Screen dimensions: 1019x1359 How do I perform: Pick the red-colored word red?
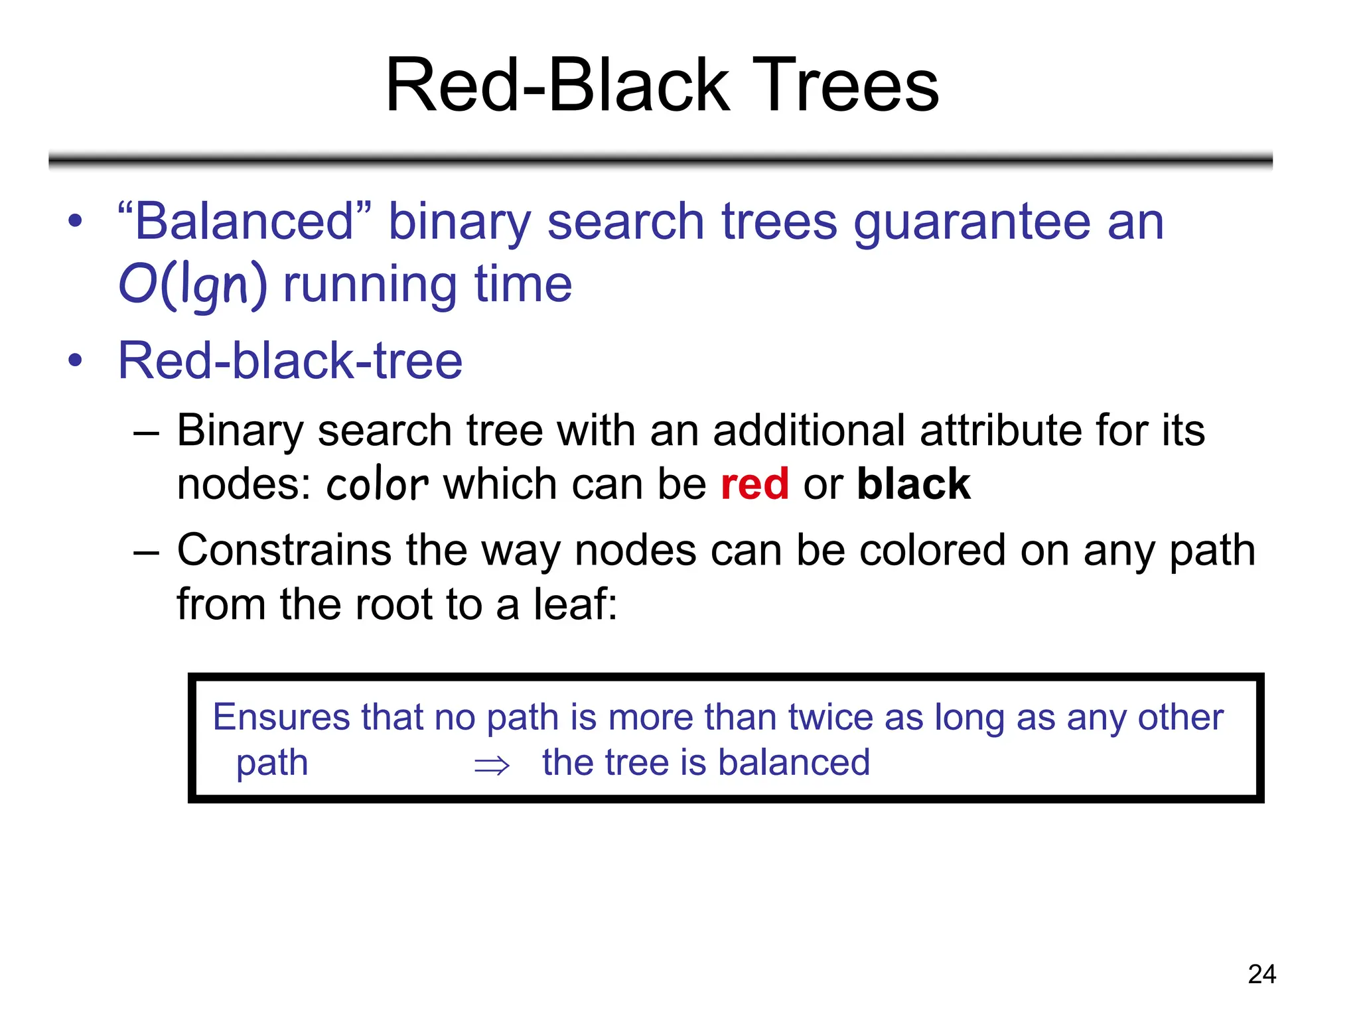[x=754, y=484]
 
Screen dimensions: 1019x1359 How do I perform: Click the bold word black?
[x=914, y=484]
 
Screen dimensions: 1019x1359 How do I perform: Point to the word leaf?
[x=575, y=604]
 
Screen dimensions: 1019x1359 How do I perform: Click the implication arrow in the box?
[x=492, y=766]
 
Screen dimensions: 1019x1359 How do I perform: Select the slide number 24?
[x=1261, y=974]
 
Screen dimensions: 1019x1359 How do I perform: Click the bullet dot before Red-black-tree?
[x=76, y=361]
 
